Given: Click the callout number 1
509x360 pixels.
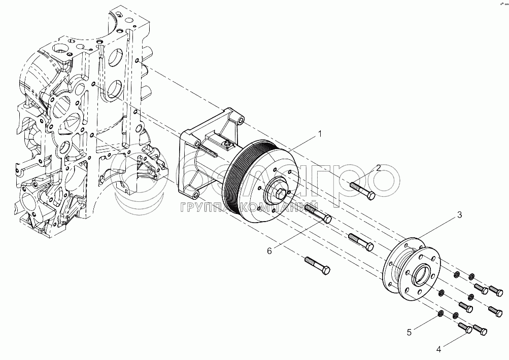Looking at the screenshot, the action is coord(320,134).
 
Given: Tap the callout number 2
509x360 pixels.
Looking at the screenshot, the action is coord(379,168).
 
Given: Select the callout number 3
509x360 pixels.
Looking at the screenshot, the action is coord(459,214).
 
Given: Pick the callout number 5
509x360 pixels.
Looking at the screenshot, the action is coord(410,333).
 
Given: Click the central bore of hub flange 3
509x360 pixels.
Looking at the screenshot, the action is coord(421,277).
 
